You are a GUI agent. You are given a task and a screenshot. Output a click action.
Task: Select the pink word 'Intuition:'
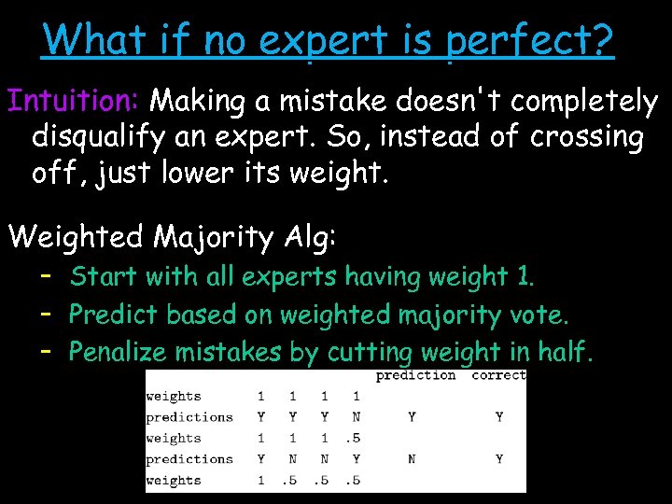tap(74, 100)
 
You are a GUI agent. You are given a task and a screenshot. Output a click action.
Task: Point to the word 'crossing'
tap(586, 137)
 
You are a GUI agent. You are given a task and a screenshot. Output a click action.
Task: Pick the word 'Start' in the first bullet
tap(103, 276)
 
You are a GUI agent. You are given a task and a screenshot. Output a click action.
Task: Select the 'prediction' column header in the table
tap(415, 375)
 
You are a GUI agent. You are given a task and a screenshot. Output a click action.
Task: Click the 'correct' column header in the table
tap(498, 375)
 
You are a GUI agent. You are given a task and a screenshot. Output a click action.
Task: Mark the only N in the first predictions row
tap(357, 417)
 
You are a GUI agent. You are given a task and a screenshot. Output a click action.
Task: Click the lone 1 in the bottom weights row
tap(260, 481)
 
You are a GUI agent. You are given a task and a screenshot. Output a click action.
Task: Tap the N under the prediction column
tap(412, 459)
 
